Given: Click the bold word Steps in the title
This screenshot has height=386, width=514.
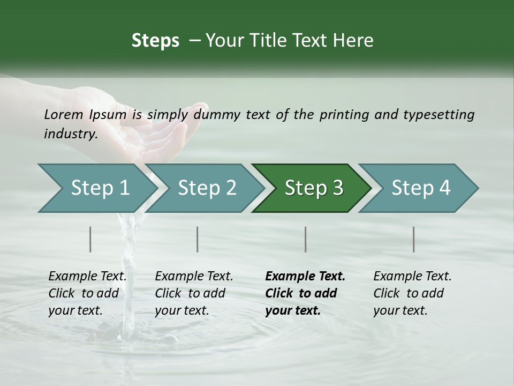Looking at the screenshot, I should (155, 41).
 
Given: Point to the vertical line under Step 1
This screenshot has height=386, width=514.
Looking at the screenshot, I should (90, 239).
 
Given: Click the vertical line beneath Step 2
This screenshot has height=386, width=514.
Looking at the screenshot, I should (198, 239).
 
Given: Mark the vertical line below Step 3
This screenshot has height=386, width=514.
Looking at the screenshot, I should (305, 239).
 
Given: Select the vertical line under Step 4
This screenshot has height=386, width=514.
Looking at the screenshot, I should (413, 239).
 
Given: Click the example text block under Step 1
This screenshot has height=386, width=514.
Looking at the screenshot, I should (87, 293).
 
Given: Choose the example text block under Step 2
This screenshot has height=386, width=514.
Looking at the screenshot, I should (194, 293).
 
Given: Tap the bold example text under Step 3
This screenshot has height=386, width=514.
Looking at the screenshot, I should (305, 293).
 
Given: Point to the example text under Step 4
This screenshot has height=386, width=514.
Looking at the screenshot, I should (412, 293).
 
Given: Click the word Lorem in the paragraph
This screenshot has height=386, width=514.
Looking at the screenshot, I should (64, 114).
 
